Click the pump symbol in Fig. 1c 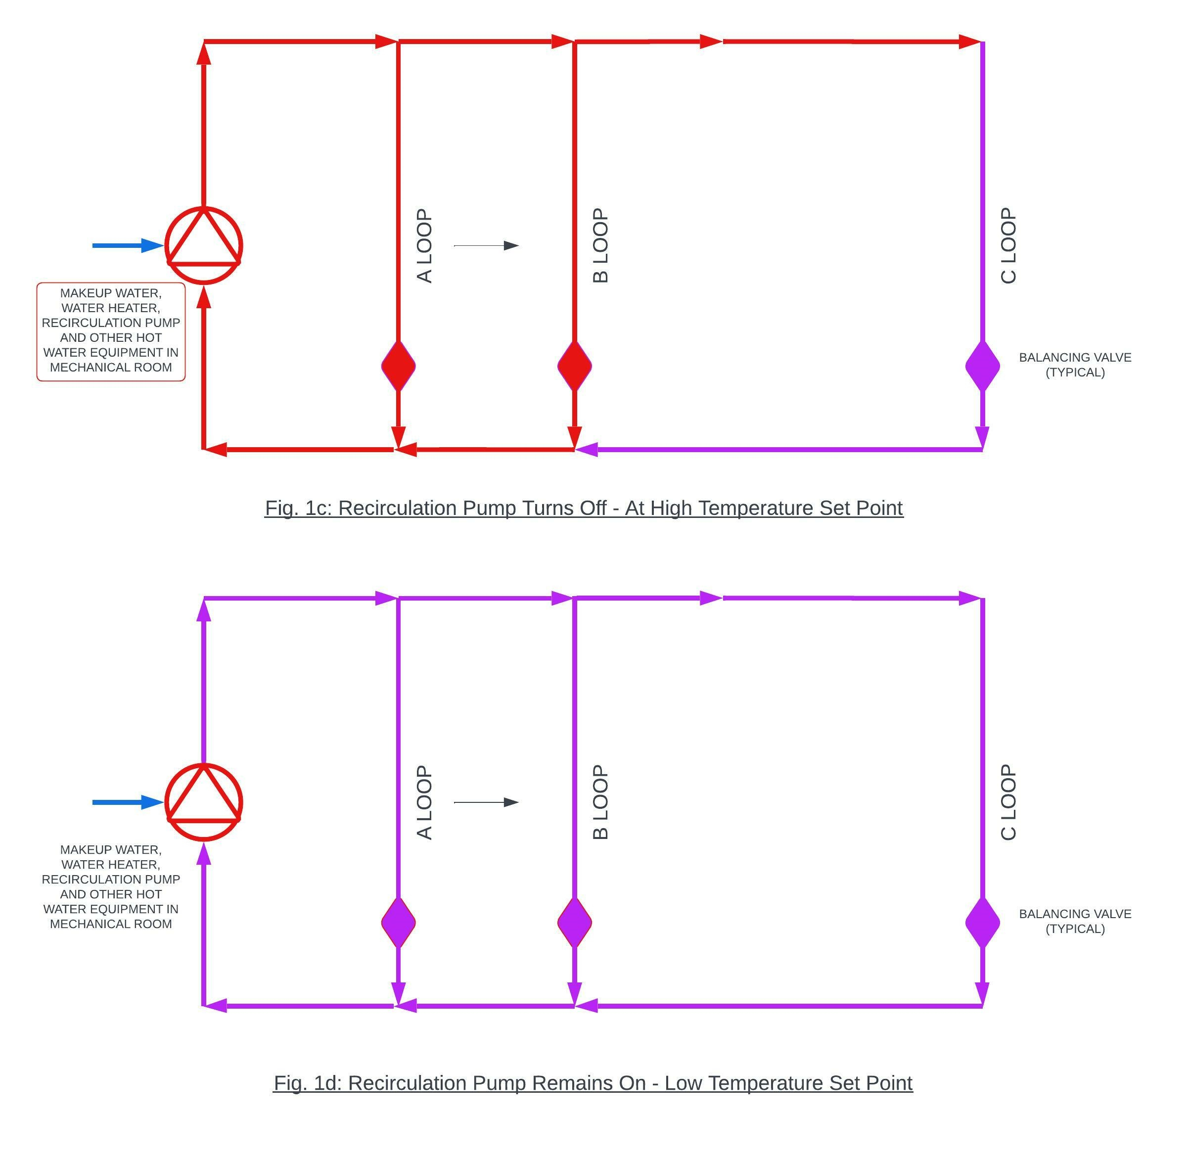pyautogui.click(x=204, y=245)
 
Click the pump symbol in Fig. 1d pyautogui.click(x=204, y=802)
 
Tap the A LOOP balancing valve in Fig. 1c pyautogui.click(x=398, y=366)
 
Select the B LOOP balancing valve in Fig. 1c pyautogui.click(x=574, y=366)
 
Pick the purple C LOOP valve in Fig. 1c pyautogui.click(x=982, y=366)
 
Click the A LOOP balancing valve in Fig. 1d pyautogui.click(x=398, y=922)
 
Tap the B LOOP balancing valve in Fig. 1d pyautogui.click(x=574, y=922)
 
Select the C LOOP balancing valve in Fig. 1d pyautogui.click(x=982, y=922)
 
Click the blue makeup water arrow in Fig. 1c pyautogui.click(x=127, y=245)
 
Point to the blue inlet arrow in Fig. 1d pyautogui.click(x=127, y=802)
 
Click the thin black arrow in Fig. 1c pyautogui.click(x=486, y=245)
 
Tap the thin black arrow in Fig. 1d pyautogui.click(x=486, y=802)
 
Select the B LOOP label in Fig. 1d pyautogui.click(x=600, y=802)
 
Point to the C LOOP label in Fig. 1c pyautogui.click(x=1008, y=245)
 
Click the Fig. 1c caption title pyautogui.click(x=584, y=508)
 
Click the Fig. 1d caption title pyautogui.click(x=593, y=1083)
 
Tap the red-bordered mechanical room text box pyautogui.click(x=111, y=331)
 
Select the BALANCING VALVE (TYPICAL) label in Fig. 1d pyautogui.click(x=1075, y=921)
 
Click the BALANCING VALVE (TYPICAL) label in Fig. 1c pyautogui.click(x=1075, y=365)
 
